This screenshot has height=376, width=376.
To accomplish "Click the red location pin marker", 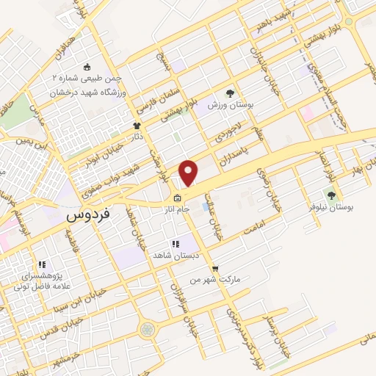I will coord(189,173).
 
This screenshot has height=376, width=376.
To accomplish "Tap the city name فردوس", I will coord(88,216).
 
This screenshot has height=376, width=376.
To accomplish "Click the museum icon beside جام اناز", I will coord(177,198).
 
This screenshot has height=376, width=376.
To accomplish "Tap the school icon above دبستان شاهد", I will coord(175,244).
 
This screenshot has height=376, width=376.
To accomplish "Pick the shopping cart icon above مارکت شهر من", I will coord(214,269).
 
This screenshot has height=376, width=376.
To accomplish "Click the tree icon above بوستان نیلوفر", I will coord(331,195).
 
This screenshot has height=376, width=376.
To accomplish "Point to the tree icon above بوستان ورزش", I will coord(230,94).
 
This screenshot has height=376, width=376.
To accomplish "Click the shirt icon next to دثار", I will coord(137,126).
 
